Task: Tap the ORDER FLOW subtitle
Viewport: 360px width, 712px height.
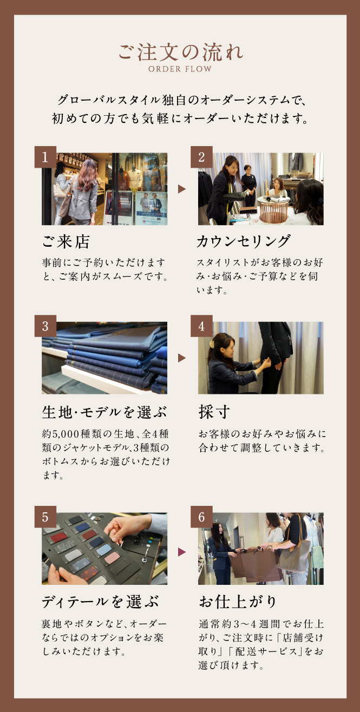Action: (x=180, y=69)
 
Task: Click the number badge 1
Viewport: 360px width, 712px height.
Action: (x=45, y=157)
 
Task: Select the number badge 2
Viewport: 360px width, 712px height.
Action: (x=201, y=157)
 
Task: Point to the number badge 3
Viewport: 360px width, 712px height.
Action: (x=45, y=326)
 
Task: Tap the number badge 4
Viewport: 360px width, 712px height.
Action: (x=201, y=326)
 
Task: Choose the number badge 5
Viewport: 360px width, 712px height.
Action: (x=45, y=517)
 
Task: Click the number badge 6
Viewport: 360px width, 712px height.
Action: (x=201, y=517)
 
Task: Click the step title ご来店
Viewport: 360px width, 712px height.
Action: (x=66, y=242)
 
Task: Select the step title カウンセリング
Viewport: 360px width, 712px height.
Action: (x=244, y=241)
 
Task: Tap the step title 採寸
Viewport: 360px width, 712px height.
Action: (x=214, y=412)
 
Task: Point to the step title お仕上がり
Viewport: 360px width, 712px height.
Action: (x=238, y=602)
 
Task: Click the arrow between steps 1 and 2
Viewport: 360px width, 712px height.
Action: (x=181, y=189)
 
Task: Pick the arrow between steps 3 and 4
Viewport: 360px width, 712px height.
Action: (x=181, y=358)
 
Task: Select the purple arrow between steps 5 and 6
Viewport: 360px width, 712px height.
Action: (x=181, y=552)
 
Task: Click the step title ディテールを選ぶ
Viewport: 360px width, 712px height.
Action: (x=100, y=602)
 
